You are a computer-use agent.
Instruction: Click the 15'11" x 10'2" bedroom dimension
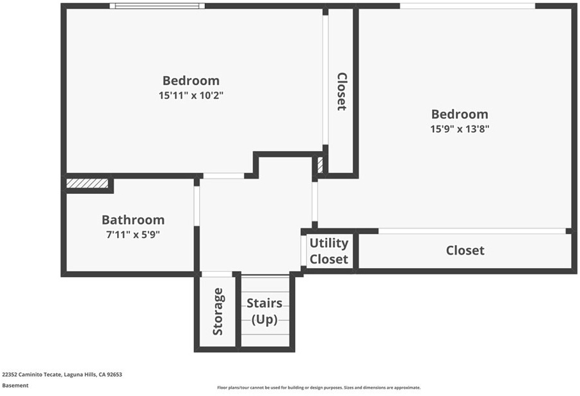[191, 95]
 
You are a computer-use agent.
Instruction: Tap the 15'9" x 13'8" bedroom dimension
[460, 129]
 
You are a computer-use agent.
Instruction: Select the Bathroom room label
[133, 219]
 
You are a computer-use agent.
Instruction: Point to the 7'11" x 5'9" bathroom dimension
[133, 235]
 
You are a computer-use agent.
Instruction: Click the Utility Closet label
[329, 251]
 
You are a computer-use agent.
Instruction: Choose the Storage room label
[218, 312]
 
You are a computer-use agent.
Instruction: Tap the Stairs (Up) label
[264, 311]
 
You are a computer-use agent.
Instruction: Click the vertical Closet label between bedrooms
[342, 91]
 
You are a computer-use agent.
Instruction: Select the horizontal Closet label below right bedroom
[465, 250]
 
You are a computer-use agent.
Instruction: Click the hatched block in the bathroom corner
[87, 184]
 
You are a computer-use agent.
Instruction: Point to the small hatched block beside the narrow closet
[320, 165]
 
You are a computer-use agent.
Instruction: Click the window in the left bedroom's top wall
[157, 6]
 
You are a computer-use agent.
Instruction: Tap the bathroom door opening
[197, 206]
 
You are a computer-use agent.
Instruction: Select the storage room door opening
[216, 274]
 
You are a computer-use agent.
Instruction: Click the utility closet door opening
[303, 251]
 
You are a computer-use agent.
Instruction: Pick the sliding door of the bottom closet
[472, 231]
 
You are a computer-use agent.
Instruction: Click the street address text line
[62, 374]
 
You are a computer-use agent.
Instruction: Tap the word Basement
[15, 385]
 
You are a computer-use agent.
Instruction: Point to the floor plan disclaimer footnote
[319, 388]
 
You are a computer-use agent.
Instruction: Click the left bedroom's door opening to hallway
[223, 176]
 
